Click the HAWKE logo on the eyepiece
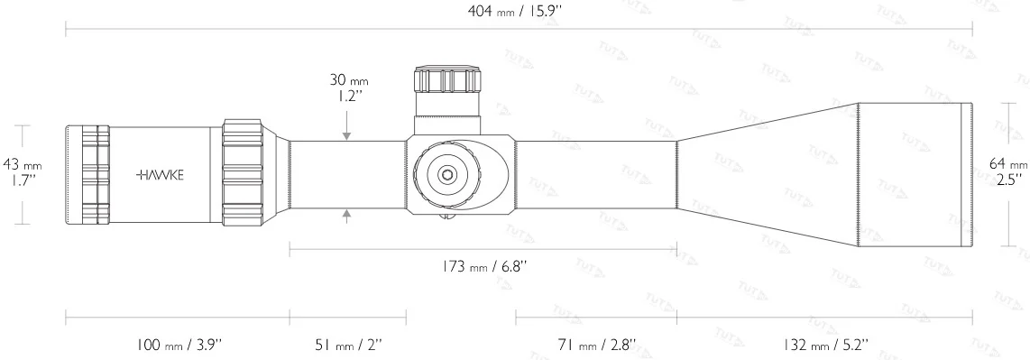[x=160, y=175]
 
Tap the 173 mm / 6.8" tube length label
[x=482, y=266]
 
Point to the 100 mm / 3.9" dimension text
[x=177, y=346]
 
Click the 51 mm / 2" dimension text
[x=347, y=346]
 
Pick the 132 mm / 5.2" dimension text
[x=824, y=346]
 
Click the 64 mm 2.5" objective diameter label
[x=1008, y=171]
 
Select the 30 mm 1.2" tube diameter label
[x=347, y=88]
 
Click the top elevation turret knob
[x=446, y=81]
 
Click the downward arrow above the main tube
[x=347, y=135]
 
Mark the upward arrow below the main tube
[x=347, y=215]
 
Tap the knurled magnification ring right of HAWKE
[x=244, y=173]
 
